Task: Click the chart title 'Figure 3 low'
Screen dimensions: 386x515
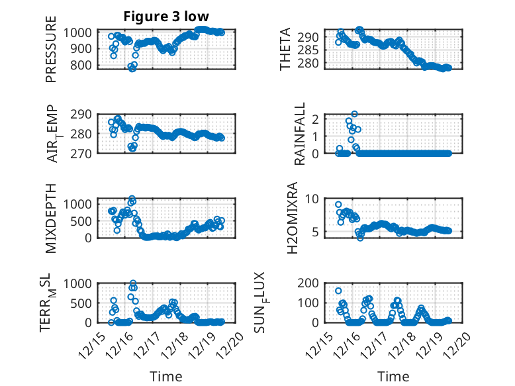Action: point(166,17)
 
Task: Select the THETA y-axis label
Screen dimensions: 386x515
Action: point(285,50)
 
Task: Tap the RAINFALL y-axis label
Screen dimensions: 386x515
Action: point(300,133)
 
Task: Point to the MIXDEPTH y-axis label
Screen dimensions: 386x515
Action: point(51,218)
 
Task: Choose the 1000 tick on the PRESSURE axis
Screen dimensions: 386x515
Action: point(80,32)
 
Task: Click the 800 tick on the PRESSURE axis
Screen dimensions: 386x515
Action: point(84,65)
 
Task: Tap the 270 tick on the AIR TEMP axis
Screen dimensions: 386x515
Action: point(84,153)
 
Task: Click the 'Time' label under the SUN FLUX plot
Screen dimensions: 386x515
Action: point(393,377)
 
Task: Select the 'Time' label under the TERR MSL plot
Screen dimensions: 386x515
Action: point(166,377)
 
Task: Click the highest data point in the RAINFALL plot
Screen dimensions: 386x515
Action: point(355,114)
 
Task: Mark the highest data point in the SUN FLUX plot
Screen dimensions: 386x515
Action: point(338,291)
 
